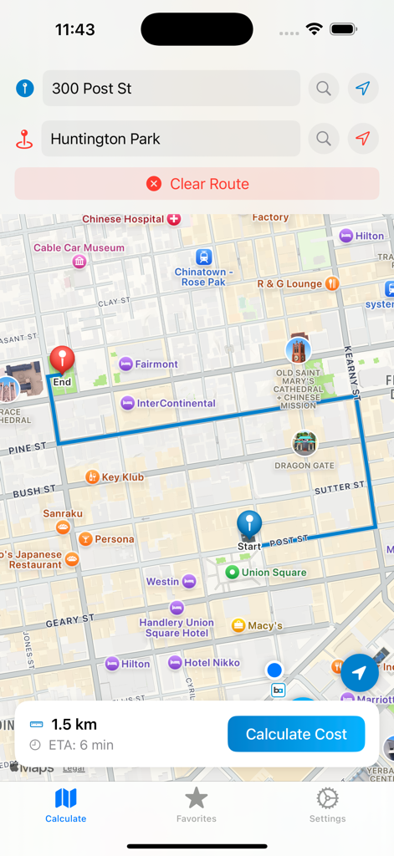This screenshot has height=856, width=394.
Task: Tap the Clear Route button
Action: point(197,184)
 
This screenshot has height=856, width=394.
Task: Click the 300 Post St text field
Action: point(171,88)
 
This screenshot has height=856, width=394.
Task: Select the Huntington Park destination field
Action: point(171,139)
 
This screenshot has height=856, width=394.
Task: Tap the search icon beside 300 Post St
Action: point(324,88)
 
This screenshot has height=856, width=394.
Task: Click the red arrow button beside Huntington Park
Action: point(362,139)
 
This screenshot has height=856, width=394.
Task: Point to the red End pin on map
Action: point(62,360)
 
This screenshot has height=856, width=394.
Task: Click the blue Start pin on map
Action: point(249,525)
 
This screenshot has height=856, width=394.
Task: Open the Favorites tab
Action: point(197,804)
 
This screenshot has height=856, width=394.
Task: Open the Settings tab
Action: point(327,804)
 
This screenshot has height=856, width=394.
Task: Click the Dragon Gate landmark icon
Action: point(304,444)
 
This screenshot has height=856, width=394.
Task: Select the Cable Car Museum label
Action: point(79,248)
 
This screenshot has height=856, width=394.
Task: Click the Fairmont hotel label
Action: point(156,364)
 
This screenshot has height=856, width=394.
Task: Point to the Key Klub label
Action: point(122,476)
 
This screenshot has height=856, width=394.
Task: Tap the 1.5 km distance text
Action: point(74,725)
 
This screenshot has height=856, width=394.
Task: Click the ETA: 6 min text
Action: point(82,745)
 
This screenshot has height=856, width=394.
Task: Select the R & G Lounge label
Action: point(289,283)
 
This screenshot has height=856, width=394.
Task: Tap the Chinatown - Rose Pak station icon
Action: point(203,257)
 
